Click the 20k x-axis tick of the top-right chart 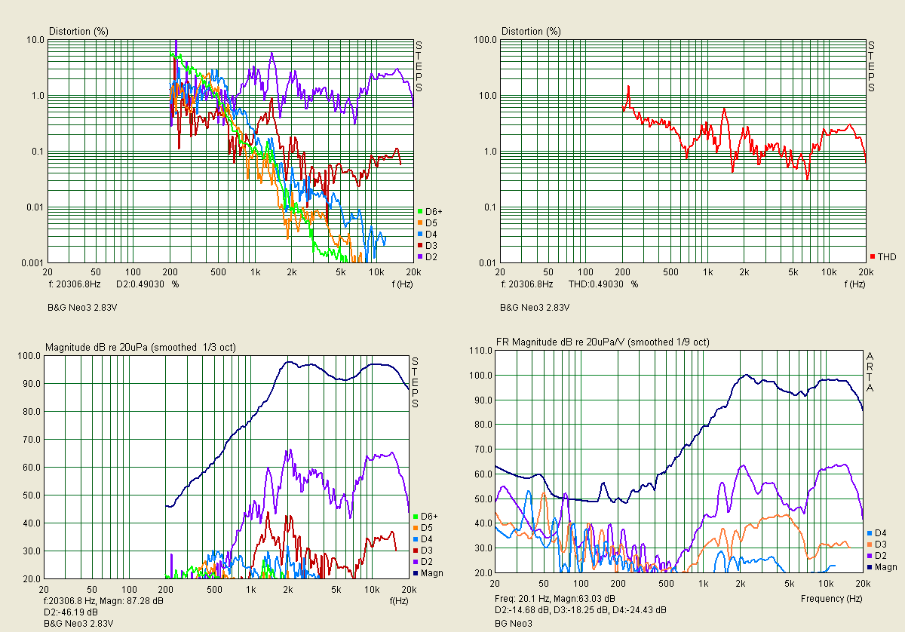(x=865, y=272)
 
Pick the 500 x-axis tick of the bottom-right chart (x=666, y=585)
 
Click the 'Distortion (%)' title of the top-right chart (x=532, y=31)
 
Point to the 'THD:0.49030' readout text (x=597, y=284)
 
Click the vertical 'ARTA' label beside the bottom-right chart (x=870, y=372)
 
